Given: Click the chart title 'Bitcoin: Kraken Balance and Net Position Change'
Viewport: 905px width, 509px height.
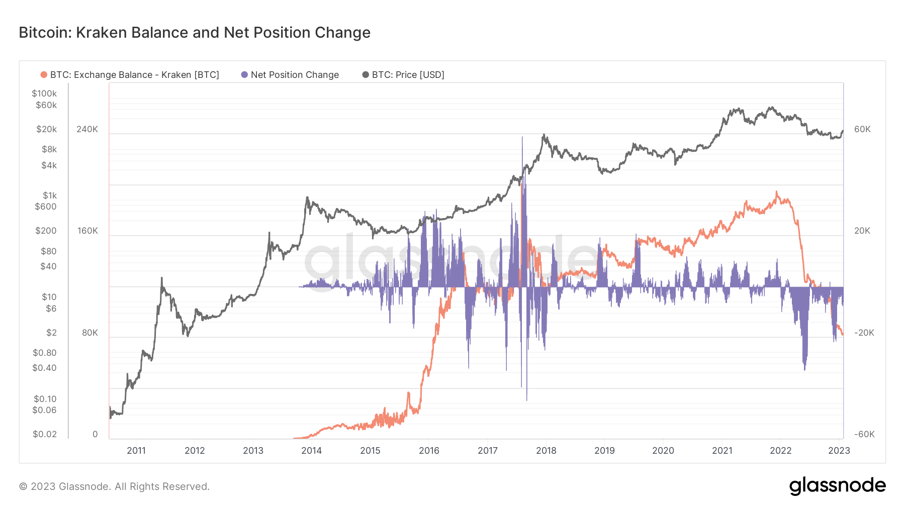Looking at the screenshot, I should click(195, 33).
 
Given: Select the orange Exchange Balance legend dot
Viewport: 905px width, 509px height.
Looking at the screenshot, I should click(44, 75).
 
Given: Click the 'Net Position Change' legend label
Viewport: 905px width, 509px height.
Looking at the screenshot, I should click(295, 75).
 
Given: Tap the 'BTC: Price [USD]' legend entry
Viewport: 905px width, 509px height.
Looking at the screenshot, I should click(408, 75).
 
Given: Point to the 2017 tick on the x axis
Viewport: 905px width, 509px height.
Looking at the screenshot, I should click(487, 450).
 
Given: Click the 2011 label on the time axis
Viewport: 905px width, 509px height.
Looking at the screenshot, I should click(136, 450).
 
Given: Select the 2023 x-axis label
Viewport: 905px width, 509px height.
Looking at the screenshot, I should click(839, 450).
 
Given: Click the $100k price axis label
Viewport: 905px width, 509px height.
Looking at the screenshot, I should click(44, 93).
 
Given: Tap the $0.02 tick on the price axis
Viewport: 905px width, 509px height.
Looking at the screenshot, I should click(44, 434).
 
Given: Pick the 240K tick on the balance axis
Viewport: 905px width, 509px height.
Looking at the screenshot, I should click(87, 129).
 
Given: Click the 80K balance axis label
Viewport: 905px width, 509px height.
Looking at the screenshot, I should click(89, 333).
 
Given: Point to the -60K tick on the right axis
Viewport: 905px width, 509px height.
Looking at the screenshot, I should click(864, 434).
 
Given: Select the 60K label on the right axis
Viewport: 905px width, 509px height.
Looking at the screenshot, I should click(862, 129).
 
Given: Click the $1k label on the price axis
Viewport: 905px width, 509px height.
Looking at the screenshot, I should click(49, 195).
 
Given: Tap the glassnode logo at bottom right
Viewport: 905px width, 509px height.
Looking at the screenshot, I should click(837, 486).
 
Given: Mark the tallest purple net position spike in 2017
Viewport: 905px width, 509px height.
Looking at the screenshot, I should click(522, 139).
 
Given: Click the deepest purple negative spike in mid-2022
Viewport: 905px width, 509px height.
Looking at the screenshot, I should click(804, 369).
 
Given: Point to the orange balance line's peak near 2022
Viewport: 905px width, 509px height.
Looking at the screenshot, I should click(776, 192).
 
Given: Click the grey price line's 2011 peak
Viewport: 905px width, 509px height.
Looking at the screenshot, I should click(162, 278).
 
